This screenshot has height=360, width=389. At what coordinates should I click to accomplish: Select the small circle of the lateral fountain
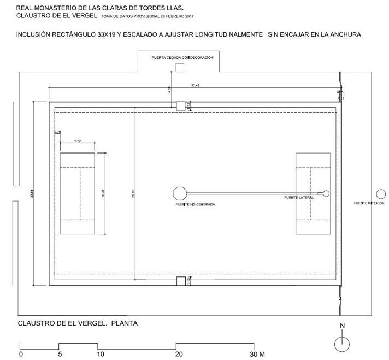(326, 193)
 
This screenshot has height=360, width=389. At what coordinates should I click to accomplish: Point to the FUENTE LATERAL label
(299, 197)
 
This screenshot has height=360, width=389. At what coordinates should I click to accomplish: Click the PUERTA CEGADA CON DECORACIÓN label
(182, 57)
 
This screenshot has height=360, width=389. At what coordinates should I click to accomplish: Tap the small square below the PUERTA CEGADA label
(179, 67)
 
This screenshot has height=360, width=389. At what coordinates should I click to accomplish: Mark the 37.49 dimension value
(195, 85)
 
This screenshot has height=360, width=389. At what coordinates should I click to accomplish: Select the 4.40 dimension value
(77, 141)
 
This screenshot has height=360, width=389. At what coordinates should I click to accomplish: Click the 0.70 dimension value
(57, 132)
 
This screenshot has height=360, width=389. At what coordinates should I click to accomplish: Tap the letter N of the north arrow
(342, 326)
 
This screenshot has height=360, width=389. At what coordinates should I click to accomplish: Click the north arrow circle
(342, 343)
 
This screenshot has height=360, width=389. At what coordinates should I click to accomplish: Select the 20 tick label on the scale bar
(178, 354)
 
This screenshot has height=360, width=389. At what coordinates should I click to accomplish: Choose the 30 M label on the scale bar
(256, 354)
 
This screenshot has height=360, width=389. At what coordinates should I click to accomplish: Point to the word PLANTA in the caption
(124, 323)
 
